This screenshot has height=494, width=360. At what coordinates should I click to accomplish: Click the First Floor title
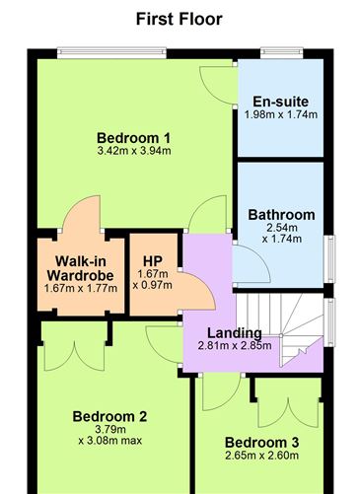[179, 19]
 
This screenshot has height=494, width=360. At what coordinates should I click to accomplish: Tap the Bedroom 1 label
[134, 137]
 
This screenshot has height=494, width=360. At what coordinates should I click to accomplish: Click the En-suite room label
[280, 102]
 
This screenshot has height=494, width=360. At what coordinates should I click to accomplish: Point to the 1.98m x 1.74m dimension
[280, 114]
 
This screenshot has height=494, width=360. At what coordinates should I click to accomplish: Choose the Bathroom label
[281, 214]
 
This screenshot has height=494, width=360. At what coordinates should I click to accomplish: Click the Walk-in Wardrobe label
[80, 267]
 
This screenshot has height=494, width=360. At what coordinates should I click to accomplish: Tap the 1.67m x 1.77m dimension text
[80, 288]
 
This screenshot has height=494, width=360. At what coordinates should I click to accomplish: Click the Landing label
[234, 332]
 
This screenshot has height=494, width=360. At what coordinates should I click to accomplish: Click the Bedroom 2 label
[109, 415]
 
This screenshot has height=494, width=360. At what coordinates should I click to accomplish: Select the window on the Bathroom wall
[328, 261]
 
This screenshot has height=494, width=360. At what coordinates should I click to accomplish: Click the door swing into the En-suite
[219, 85]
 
